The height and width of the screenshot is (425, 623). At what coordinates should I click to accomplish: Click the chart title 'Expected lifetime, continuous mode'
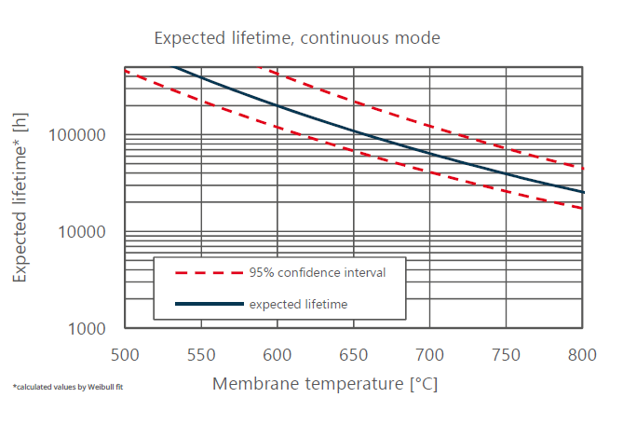pyautogui.click(x=296, y=38)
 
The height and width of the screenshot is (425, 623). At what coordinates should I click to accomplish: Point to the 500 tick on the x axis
pyautogui.click(x=124, y=355)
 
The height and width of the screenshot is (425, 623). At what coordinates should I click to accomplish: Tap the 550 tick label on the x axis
pyautogui.click(x=201, y=355)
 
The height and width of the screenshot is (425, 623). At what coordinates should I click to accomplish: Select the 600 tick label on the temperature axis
pyautogui.click(x=277, y=355)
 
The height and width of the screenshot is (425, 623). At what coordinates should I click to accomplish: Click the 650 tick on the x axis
pyautogui.click(x=353, y=355)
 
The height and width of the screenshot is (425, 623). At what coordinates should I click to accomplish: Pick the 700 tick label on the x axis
pyautogui.click(x=429, y=355)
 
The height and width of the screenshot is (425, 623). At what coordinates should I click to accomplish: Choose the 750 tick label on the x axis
pyautogui.click(x=506, y=355)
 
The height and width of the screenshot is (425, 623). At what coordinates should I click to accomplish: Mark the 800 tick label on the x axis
pyautogui.click(x=582, y=355)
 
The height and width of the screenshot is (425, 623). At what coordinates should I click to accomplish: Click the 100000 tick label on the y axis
pyautogui.click(x=80, y=136)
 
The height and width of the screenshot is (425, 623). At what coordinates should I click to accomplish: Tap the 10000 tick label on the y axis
pyautogui.click(x=85, y=232)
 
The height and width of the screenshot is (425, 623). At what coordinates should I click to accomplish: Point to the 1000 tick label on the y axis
pyautogui.click(x=89, y=329)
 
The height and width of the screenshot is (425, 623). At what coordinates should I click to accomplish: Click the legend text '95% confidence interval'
pyautogui.click(x=317, y=273)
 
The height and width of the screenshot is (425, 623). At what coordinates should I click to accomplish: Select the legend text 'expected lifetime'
pyautogui.click(x=299, y=304)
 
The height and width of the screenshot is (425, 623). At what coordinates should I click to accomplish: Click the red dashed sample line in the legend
pyautogui.click(x=208, y=273)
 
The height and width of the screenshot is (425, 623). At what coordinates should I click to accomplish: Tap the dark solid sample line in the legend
pyautogui.click(x=208, y=304)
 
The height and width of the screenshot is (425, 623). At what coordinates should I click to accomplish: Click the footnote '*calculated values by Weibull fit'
pyautogui.click(x=67, y=386)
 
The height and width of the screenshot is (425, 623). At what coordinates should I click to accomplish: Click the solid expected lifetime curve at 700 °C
pyautogui.click(x=429, y=153)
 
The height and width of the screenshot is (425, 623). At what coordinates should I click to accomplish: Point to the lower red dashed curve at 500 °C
pyautogui.click(x=126, y=72)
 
